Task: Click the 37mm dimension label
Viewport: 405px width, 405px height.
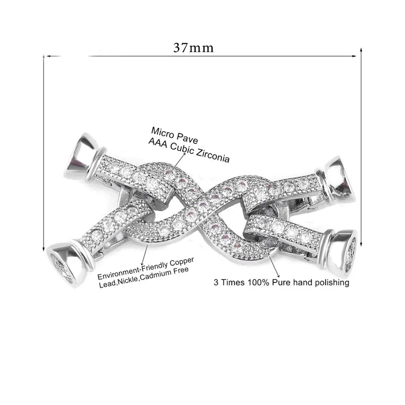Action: click(193, 48)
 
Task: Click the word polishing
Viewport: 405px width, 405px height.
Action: click(329, 282)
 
